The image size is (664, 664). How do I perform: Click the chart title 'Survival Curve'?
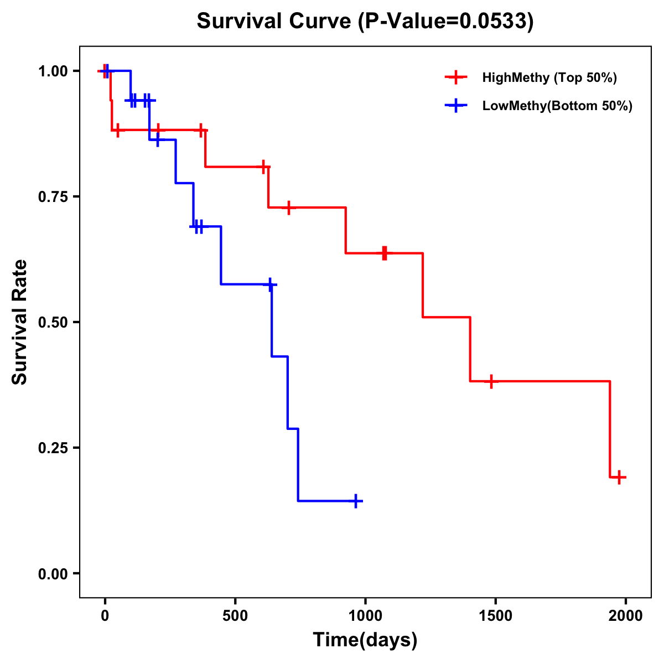point(274,21)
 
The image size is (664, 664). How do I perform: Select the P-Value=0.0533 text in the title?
point(445,21)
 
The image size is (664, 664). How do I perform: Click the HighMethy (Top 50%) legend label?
point(549,77)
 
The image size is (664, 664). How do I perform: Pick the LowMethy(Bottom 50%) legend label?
point(557,106)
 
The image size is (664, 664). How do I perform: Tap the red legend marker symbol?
point(456,77)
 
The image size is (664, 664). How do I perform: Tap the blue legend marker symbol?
point(456,106)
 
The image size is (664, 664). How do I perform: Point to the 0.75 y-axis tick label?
point(53,197)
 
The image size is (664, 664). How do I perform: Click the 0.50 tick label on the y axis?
point(53,323)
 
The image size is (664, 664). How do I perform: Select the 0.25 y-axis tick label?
point(53,448)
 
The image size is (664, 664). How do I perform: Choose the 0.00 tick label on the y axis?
point(53,574)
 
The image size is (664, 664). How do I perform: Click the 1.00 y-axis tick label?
point(53,71)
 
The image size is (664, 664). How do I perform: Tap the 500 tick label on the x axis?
point(235,616)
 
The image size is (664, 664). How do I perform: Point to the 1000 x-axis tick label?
point(365,616)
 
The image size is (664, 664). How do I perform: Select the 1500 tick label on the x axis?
point(495,616)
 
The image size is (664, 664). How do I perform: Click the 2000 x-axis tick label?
point(625,616)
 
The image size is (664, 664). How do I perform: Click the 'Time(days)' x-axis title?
point(365,640)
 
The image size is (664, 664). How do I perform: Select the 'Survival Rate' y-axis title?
point(20,322)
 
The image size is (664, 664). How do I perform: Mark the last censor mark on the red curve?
point(619,477)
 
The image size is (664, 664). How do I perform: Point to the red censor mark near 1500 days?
point(491,381)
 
